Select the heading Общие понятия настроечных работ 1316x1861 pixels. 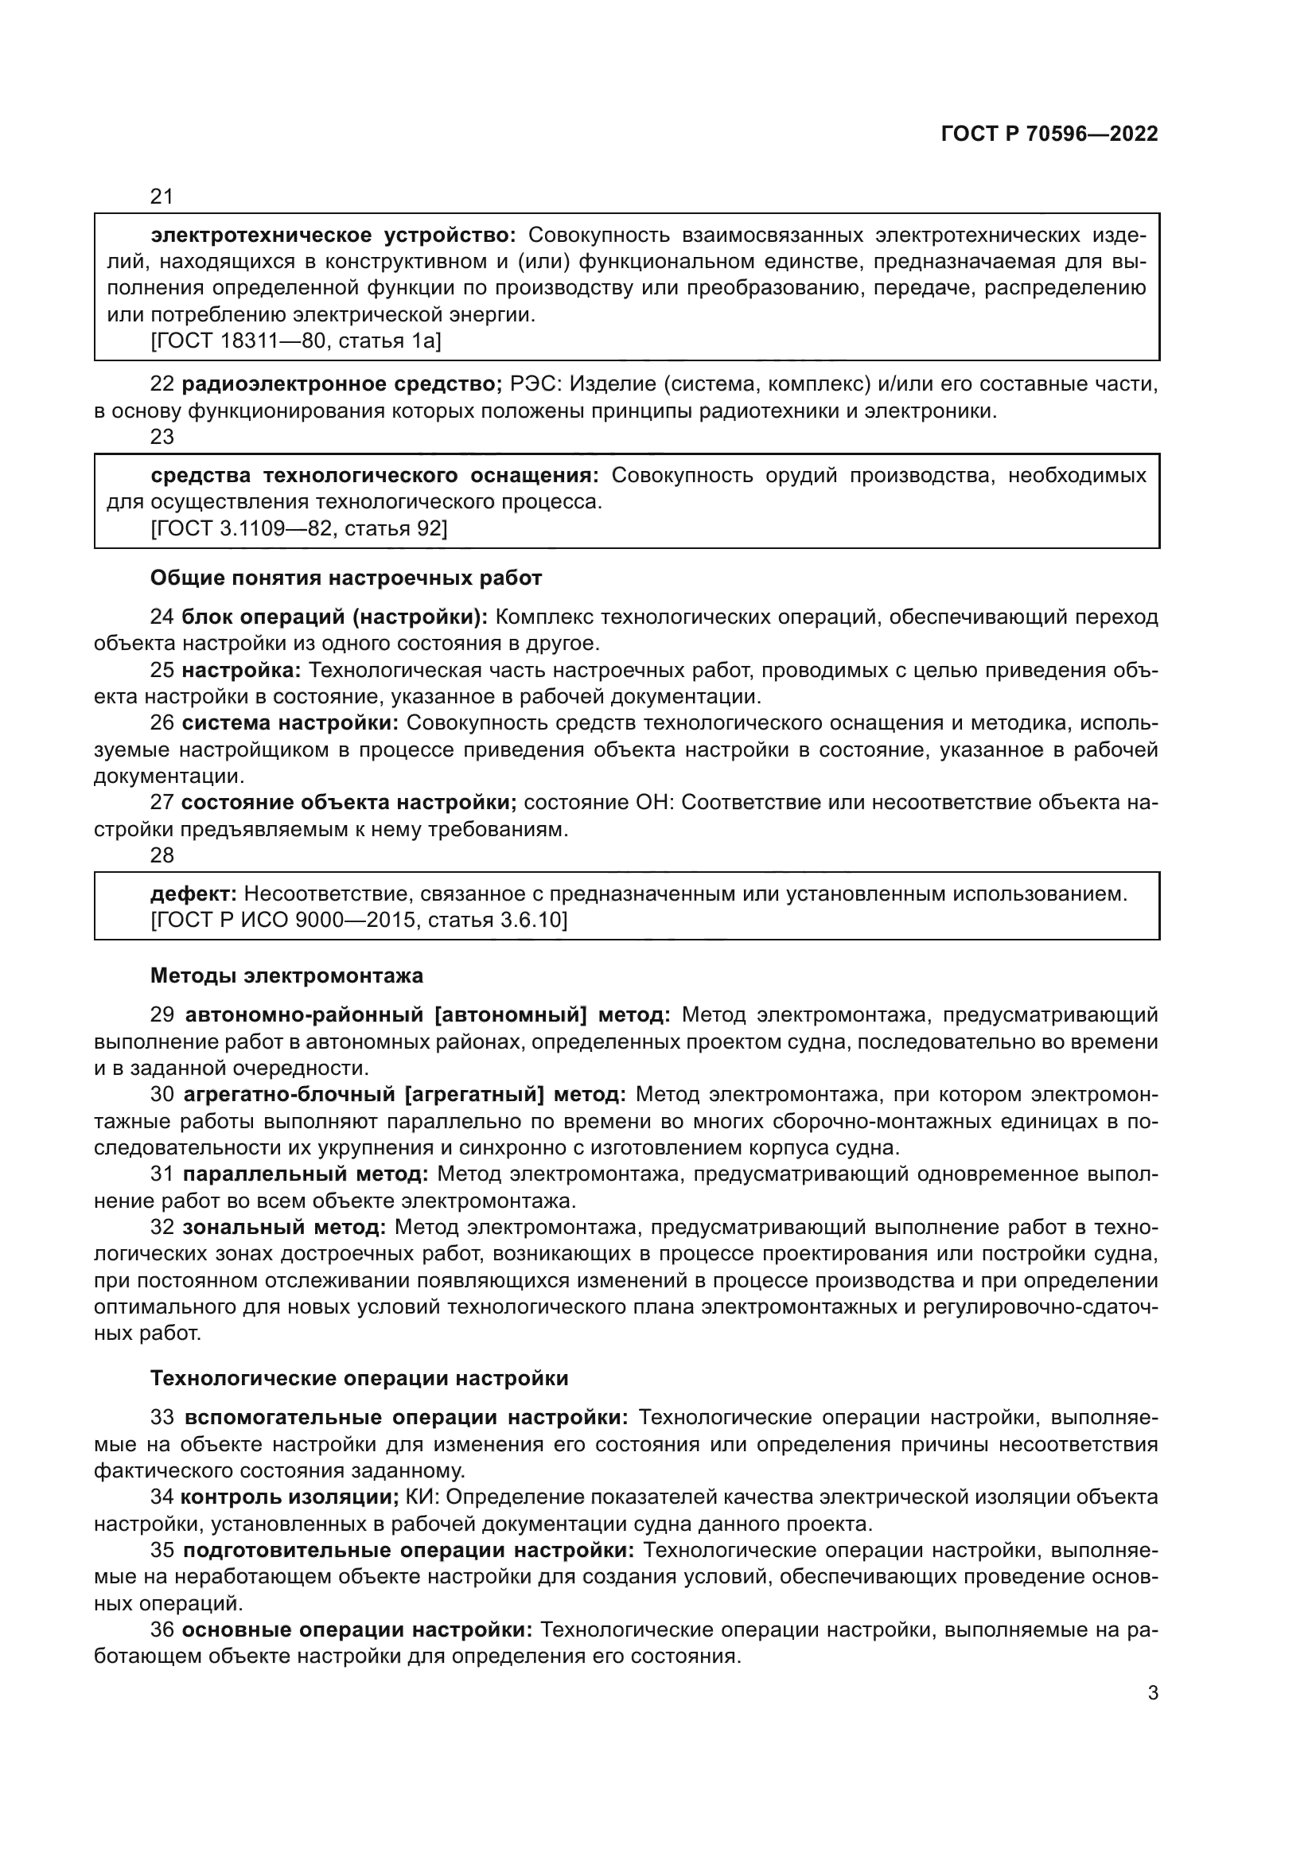[x=346, y=578]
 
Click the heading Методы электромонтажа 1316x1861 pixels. [x=287, y=975]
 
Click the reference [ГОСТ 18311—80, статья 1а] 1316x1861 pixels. [x=296, y=341]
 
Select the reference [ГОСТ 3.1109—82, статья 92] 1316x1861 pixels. [x=299, y=528]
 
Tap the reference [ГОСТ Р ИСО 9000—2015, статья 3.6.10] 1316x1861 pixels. [x=359, y=920]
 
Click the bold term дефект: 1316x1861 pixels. [x=193, y=894]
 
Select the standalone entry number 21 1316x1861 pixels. [x=162, y=197]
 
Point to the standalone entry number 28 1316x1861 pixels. [x=162, y=855]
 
